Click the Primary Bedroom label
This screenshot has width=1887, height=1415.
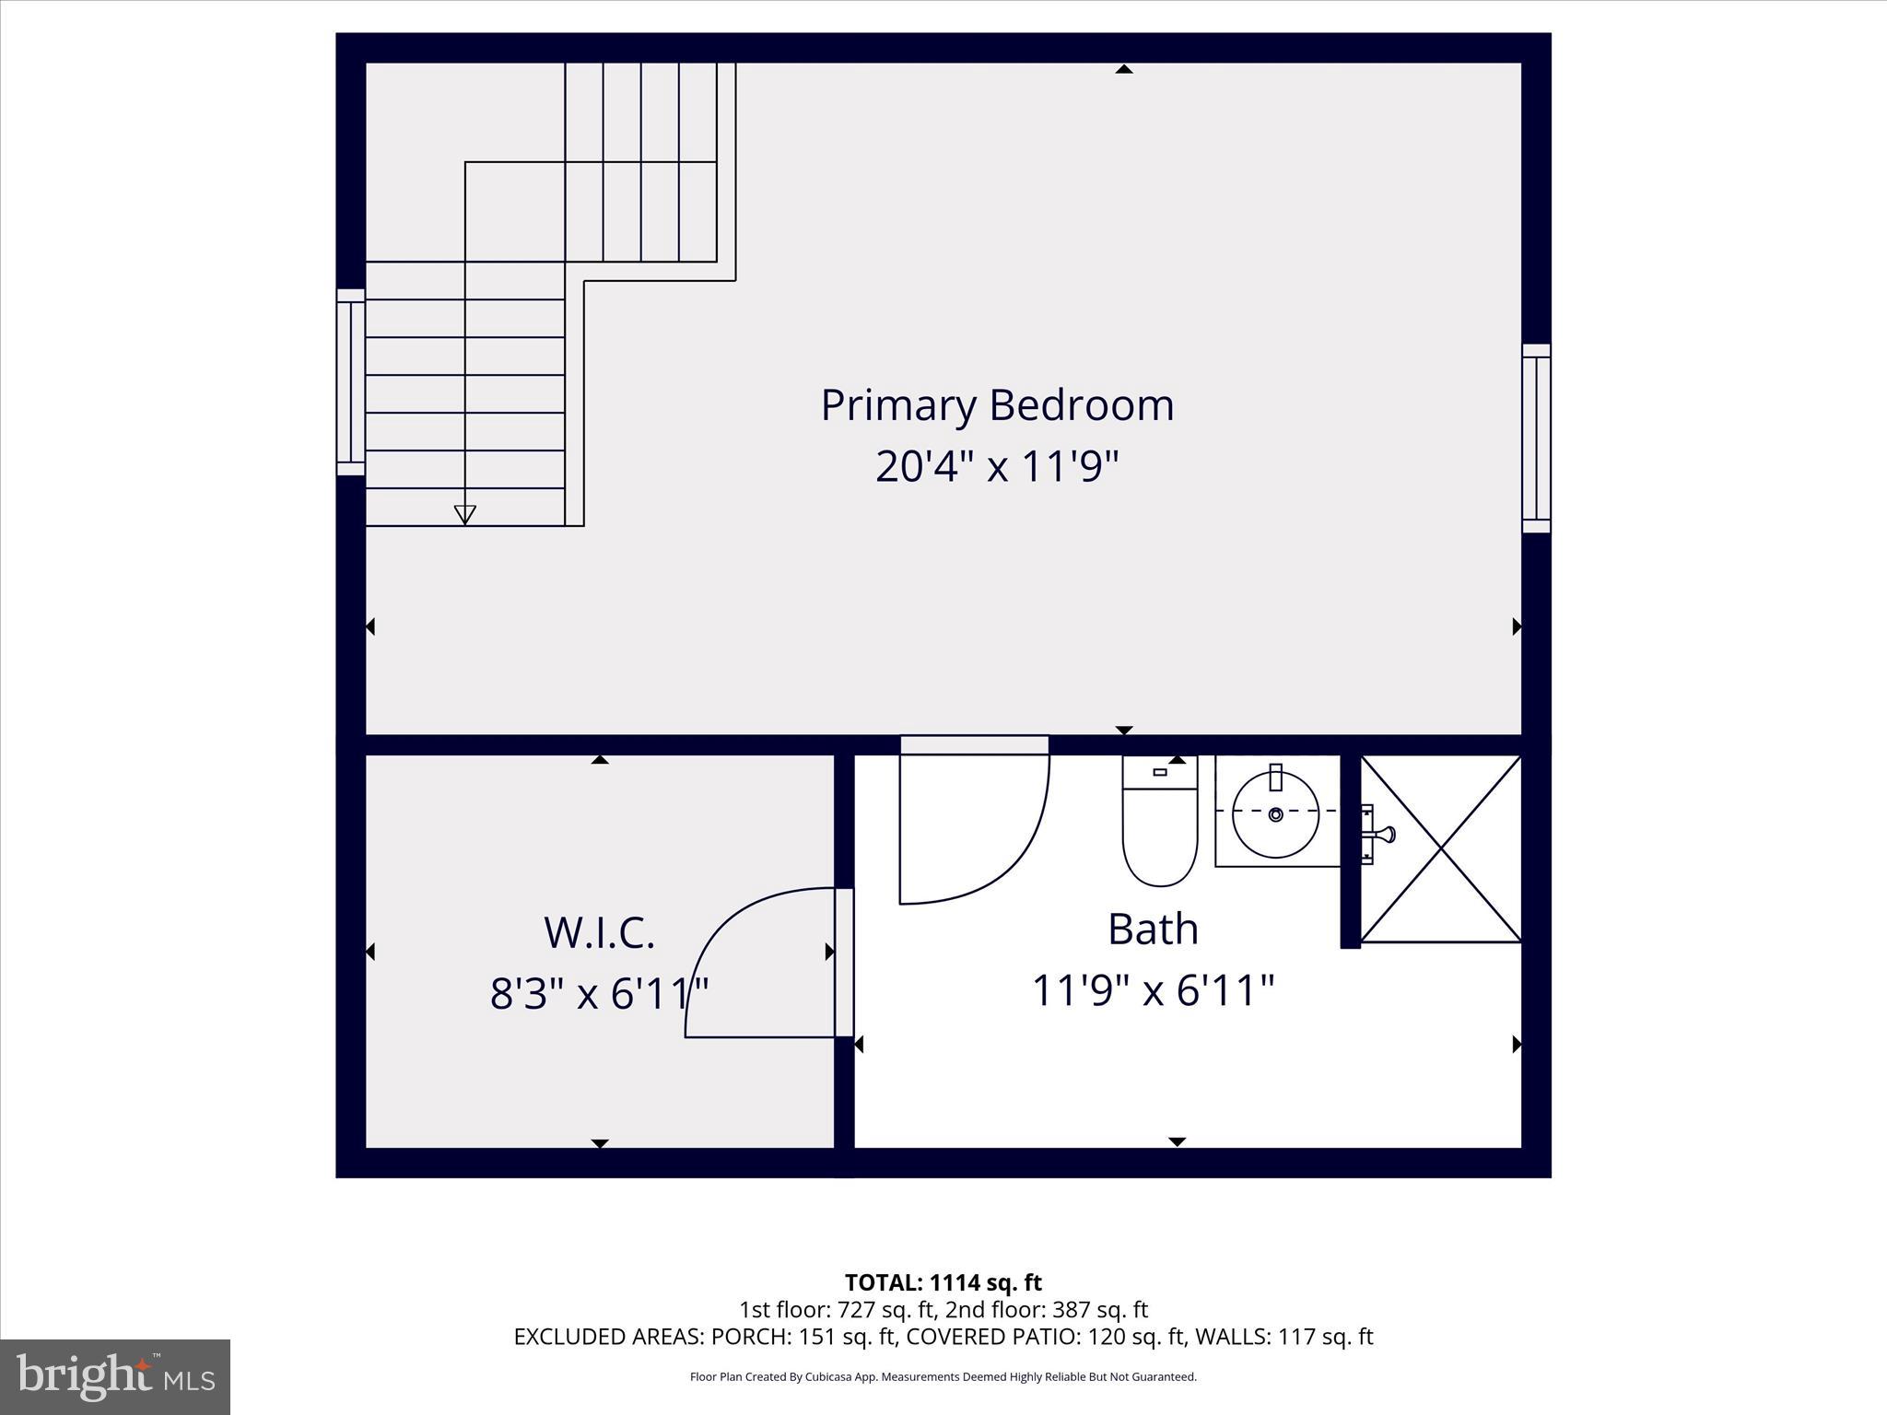click(997, 405)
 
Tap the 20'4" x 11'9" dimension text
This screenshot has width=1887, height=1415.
click(997, 466)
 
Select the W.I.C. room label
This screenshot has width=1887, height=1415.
click(599, 932)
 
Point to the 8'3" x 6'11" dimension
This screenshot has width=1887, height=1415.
click(599, 994)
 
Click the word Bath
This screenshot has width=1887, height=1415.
click(1153, 929)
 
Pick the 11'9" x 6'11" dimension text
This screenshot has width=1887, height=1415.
click(1153, 991)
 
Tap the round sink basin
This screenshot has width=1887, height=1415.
click(1276, 814)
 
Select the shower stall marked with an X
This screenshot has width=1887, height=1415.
click(1440, 848)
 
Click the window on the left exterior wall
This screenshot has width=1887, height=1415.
click(350, 382)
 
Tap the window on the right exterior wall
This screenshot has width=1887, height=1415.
click(1536, 439)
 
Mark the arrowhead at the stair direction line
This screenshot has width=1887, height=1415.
click(465, 515)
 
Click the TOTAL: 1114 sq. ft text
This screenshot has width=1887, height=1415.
click(943, 1282)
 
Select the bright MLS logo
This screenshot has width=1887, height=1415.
click(115, 1375)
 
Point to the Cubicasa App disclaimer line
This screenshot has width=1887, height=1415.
click(943, 1377)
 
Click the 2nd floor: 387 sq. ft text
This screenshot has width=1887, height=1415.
click(1047, 1309)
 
